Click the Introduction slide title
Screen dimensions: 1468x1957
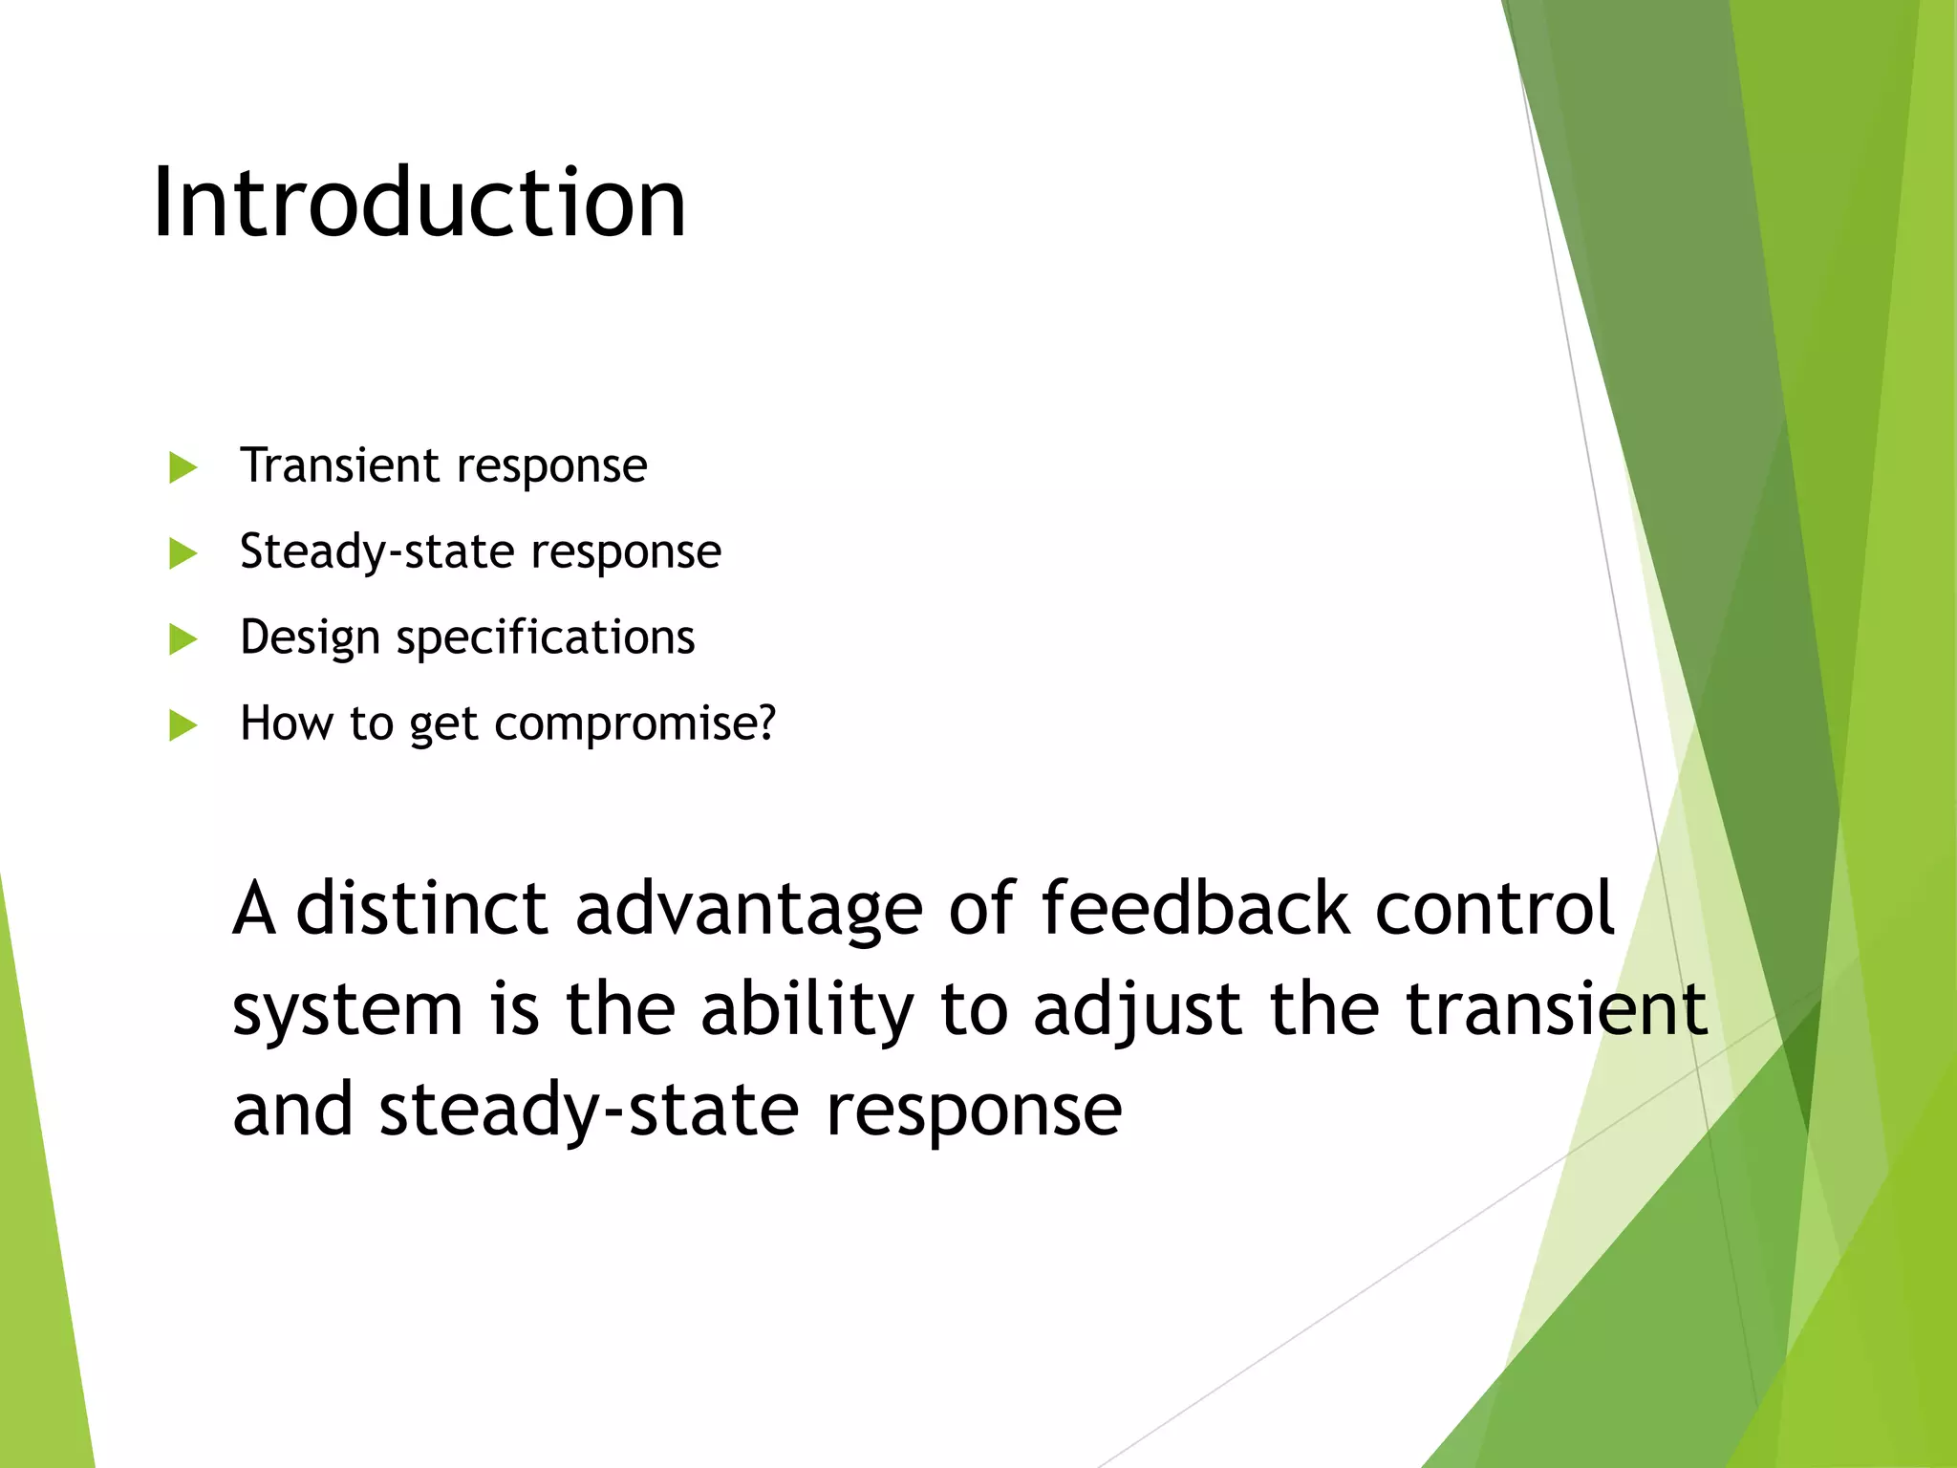point(419,203)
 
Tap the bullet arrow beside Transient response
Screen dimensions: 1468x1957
point(182,468)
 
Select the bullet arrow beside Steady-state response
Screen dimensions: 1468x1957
point(182,553)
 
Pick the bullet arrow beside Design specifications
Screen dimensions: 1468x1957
point(182,639)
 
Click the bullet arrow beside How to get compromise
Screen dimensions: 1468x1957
point(182,725)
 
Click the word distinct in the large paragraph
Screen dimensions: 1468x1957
point(421,908)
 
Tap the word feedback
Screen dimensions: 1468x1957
point(1195,908)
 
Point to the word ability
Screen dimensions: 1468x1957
point(807,1011)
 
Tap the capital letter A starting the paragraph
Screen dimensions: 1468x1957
point(254,908)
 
